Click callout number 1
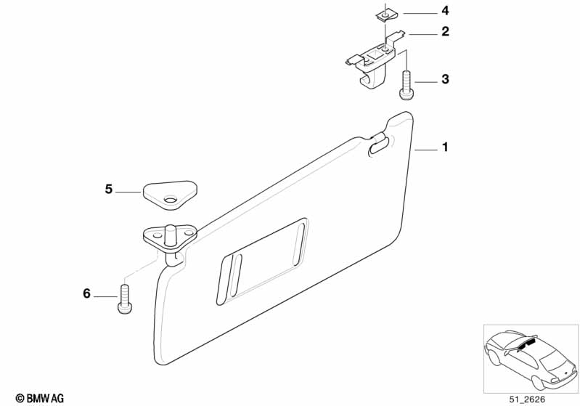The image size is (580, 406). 445,147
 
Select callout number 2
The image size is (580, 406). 445,32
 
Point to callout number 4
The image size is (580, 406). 445,11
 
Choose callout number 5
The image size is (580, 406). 109,190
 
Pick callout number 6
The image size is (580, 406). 87,294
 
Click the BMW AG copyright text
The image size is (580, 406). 34,398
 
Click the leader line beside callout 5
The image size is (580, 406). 129,191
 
